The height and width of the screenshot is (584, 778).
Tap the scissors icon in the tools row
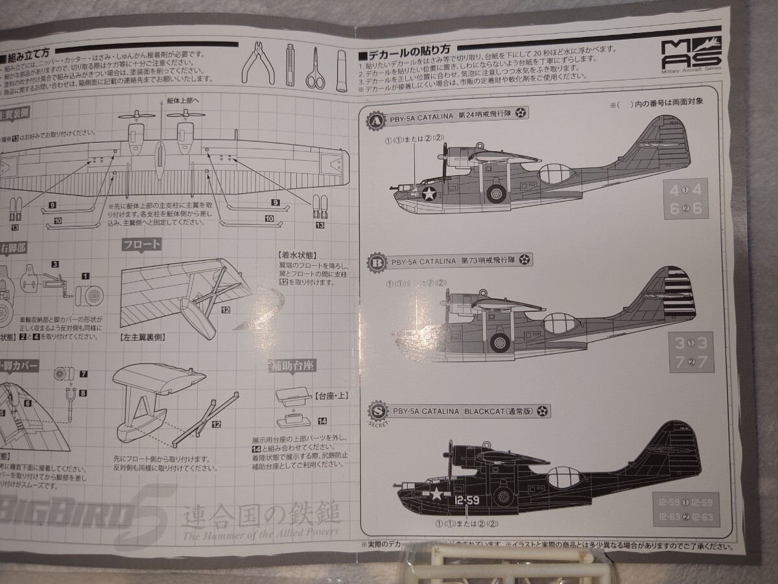315,67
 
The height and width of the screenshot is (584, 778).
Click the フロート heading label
141,245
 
